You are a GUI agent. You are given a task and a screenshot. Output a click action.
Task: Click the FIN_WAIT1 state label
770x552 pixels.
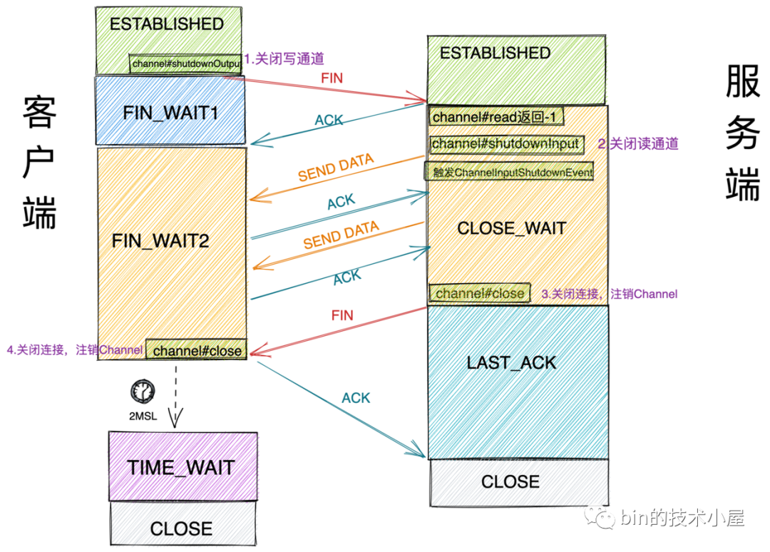(170, 113)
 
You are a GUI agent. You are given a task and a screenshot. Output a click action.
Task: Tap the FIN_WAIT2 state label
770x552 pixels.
(160, 240)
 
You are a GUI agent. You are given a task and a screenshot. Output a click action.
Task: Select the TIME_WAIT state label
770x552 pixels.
(181, 467)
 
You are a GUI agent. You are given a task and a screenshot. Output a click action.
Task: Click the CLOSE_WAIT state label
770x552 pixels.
(512, 228)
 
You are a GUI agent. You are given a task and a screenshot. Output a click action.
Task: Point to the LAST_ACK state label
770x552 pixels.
(511, 363)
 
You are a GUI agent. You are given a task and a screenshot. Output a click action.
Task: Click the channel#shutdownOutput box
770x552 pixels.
(185, 64)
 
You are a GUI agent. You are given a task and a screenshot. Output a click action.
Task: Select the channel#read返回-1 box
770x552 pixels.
(496, 117)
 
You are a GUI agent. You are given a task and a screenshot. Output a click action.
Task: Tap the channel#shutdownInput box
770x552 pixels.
(507, 144)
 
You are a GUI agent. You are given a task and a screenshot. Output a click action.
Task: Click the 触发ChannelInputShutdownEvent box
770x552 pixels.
(509, 172)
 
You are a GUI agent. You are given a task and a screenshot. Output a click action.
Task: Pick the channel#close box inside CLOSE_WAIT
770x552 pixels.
(480, 293)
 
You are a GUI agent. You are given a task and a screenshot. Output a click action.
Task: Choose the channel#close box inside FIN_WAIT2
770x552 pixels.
(197, 349)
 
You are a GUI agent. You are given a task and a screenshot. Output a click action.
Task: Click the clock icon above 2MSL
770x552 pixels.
(143, 392)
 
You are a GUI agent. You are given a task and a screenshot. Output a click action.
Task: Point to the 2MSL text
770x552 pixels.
(143, 416)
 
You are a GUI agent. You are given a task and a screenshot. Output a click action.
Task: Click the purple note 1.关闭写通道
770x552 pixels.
(284, 59)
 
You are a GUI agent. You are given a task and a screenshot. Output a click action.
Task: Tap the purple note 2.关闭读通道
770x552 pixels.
(638, 144)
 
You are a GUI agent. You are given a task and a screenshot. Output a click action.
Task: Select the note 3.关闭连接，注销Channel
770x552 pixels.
(610, 294)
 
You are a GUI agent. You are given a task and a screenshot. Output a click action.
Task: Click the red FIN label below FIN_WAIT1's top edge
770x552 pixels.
(332, 78)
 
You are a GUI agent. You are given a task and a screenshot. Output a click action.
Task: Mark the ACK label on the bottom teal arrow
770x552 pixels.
(356, 398)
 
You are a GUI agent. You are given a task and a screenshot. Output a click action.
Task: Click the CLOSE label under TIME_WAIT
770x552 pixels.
(181, 529)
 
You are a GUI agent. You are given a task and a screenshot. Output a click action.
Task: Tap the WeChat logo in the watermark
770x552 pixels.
(599, 518)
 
